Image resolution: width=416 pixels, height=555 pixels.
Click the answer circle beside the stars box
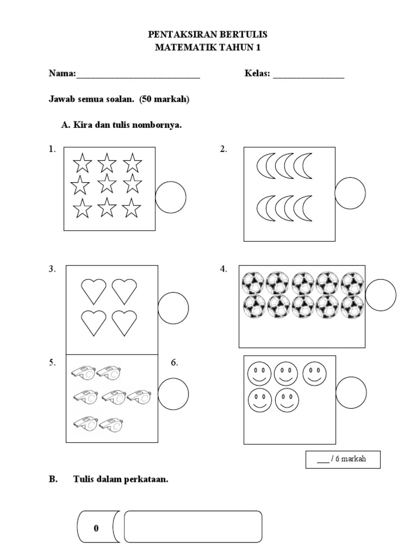pyautogui.click(x=171, y=197)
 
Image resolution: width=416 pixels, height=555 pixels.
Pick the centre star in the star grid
pyautogui.click(x=107, y=184)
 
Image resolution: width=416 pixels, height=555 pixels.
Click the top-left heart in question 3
pyautogui.click(x=94, y=291)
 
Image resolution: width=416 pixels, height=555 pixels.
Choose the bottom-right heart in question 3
pyautogui.click(x=125, y=322)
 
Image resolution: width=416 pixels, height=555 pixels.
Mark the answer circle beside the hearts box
pyautogui.click(x=173, y=307)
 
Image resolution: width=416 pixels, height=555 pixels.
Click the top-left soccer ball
pyautogui.click(x=252, y=282)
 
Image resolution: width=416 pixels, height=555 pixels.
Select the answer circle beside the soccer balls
pyautogui.click(x=381, y=295)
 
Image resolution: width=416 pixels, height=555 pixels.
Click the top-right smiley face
pyautogui.click(x=314, y=374)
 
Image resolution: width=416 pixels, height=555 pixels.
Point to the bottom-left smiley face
pyautogui.click(x=259, y=401)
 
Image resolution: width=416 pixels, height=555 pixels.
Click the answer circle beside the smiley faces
pyautogui.click(x=350, y=393)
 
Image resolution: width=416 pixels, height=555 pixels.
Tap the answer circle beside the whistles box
pyautogui.click(x=173, y=393)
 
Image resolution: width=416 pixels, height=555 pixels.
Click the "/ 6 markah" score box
pyautogui.click(x=342, y=459)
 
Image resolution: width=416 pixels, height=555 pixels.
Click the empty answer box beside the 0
pyautogui.click(x=193, y=526)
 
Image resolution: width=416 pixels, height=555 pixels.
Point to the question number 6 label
pyautogui.click(x=174, y=363)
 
